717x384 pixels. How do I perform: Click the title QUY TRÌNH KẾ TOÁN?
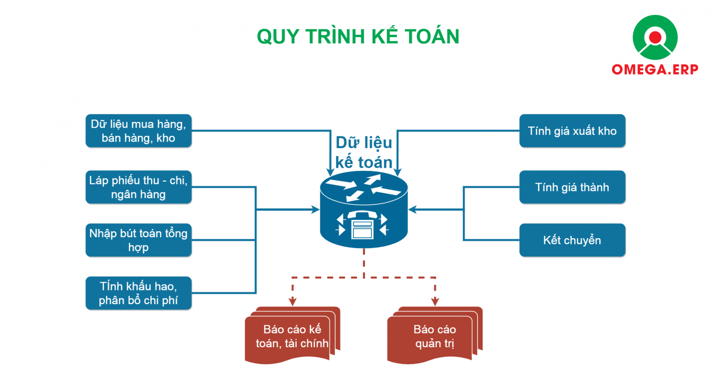358,36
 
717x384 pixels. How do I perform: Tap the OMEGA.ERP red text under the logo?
655,70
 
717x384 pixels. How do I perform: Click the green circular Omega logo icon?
655,37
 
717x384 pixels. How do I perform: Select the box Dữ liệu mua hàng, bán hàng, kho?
139,131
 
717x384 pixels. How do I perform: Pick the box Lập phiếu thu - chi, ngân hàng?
139,187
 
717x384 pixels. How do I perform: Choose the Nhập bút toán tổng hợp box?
139,240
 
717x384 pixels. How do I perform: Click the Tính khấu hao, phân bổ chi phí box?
139,293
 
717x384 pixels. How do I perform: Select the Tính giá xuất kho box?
572,131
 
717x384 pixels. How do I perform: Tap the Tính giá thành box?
572,187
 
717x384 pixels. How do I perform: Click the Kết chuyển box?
572,240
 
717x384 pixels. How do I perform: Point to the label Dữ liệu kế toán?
364,152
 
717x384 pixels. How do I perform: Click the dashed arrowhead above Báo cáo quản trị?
435,302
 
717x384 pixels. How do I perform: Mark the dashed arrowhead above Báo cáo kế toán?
293,302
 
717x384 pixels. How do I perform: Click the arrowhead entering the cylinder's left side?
316,210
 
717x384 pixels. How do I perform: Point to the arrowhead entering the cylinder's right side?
412,210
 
